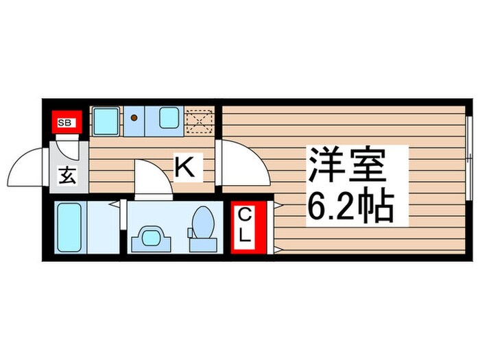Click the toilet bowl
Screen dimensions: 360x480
pyautogui.click(x=202, y=224)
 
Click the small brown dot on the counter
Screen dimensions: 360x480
pyautogui.click(x=135, y=118)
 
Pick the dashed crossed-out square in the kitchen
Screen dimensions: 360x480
pyautogui.click(x=200, y=121)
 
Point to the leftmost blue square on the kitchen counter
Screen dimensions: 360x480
pyautogui.click(x=106, y=121)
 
